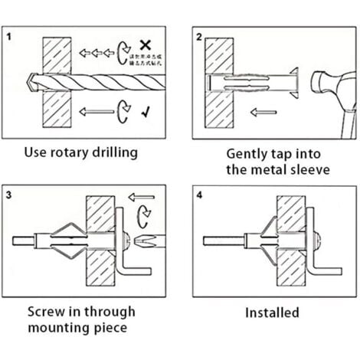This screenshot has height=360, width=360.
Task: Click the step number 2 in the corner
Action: tap(198, 36)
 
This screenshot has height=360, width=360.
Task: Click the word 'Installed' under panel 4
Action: tap(272, 313)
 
